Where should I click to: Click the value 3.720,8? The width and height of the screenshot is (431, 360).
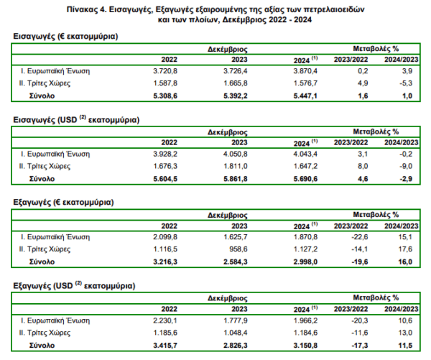point(165,71)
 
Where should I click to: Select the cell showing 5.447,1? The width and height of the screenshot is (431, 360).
point(305,96)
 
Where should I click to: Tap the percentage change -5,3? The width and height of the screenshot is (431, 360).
point(406,83)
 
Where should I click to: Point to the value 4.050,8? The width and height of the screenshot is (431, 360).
point(236,154)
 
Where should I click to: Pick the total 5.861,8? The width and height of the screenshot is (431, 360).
point(236,179)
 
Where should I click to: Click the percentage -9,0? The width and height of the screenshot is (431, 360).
point(406,166)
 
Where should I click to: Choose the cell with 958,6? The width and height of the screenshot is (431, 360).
point(238,249)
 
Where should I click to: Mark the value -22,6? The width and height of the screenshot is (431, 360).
point(360,237)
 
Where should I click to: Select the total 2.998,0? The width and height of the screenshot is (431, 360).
point(305,262)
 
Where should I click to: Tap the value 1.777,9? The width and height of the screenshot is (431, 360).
point(236,320)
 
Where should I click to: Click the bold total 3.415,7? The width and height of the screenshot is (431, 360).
point(165,346)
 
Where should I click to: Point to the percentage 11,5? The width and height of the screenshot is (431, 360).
point(405,346)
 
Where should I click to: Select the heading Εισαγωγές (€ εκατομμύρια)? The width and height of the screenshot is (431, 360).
point(65,37)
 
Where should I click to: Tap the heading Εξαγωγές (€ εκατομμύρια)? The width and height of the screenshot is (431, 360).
point(63,203)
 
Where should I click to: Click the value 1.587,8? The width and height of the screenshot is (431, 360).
point(165,83)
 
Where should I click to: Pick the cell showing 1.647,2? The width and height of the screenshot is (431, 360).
point(305,166)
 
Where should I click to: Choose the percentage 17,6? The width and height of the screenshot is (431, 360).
point(405,249)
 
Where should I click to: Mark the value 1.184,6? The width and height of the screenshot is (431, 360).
point(305,333)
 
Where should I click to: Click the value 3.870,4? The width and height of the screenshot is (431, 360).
point(305,71)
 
